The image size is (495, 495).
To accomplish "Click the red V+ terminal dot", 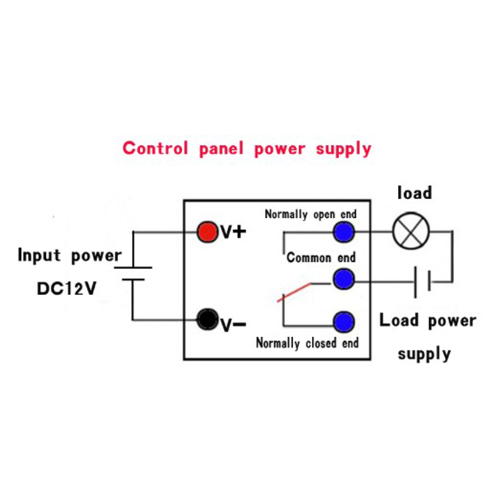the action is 207,231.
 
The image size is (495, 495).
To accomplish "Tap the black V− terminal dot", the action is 207,319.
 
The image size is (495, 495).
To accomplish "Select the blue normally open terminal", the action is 344,232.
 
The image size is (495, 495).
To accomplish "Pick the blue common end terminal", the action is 343,279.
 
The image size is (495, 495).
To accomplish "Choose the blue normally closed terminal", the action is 344,322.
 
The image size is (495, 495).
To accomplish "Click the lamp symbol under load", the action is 411,231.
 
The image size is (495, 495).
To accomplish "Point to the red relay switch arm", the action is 294,292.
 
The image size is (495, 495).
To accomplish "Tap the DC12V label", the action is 67,288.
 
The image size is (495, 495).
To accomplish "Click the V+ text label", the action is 233,232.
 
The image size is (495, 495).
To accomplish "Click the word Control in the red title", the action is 155,148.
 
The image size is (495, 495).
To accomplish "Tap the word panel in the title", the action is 222,149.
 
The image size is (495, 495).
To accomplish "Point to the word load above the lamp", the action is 415,192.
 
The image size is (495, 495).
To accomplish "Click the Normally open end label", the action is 311,214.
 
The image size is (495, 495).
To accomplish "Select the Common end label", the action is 321,257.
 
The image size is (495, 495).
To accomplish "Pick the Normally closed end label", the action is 307,343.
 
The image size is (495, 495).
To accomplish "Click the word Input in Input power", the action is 39,255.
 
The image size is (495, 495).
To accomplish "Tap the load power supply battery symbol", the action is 422,282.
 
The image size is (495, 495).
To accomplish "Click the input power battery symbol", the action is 133,273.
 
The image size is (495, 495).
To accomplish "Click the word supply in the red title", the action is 343,149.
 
